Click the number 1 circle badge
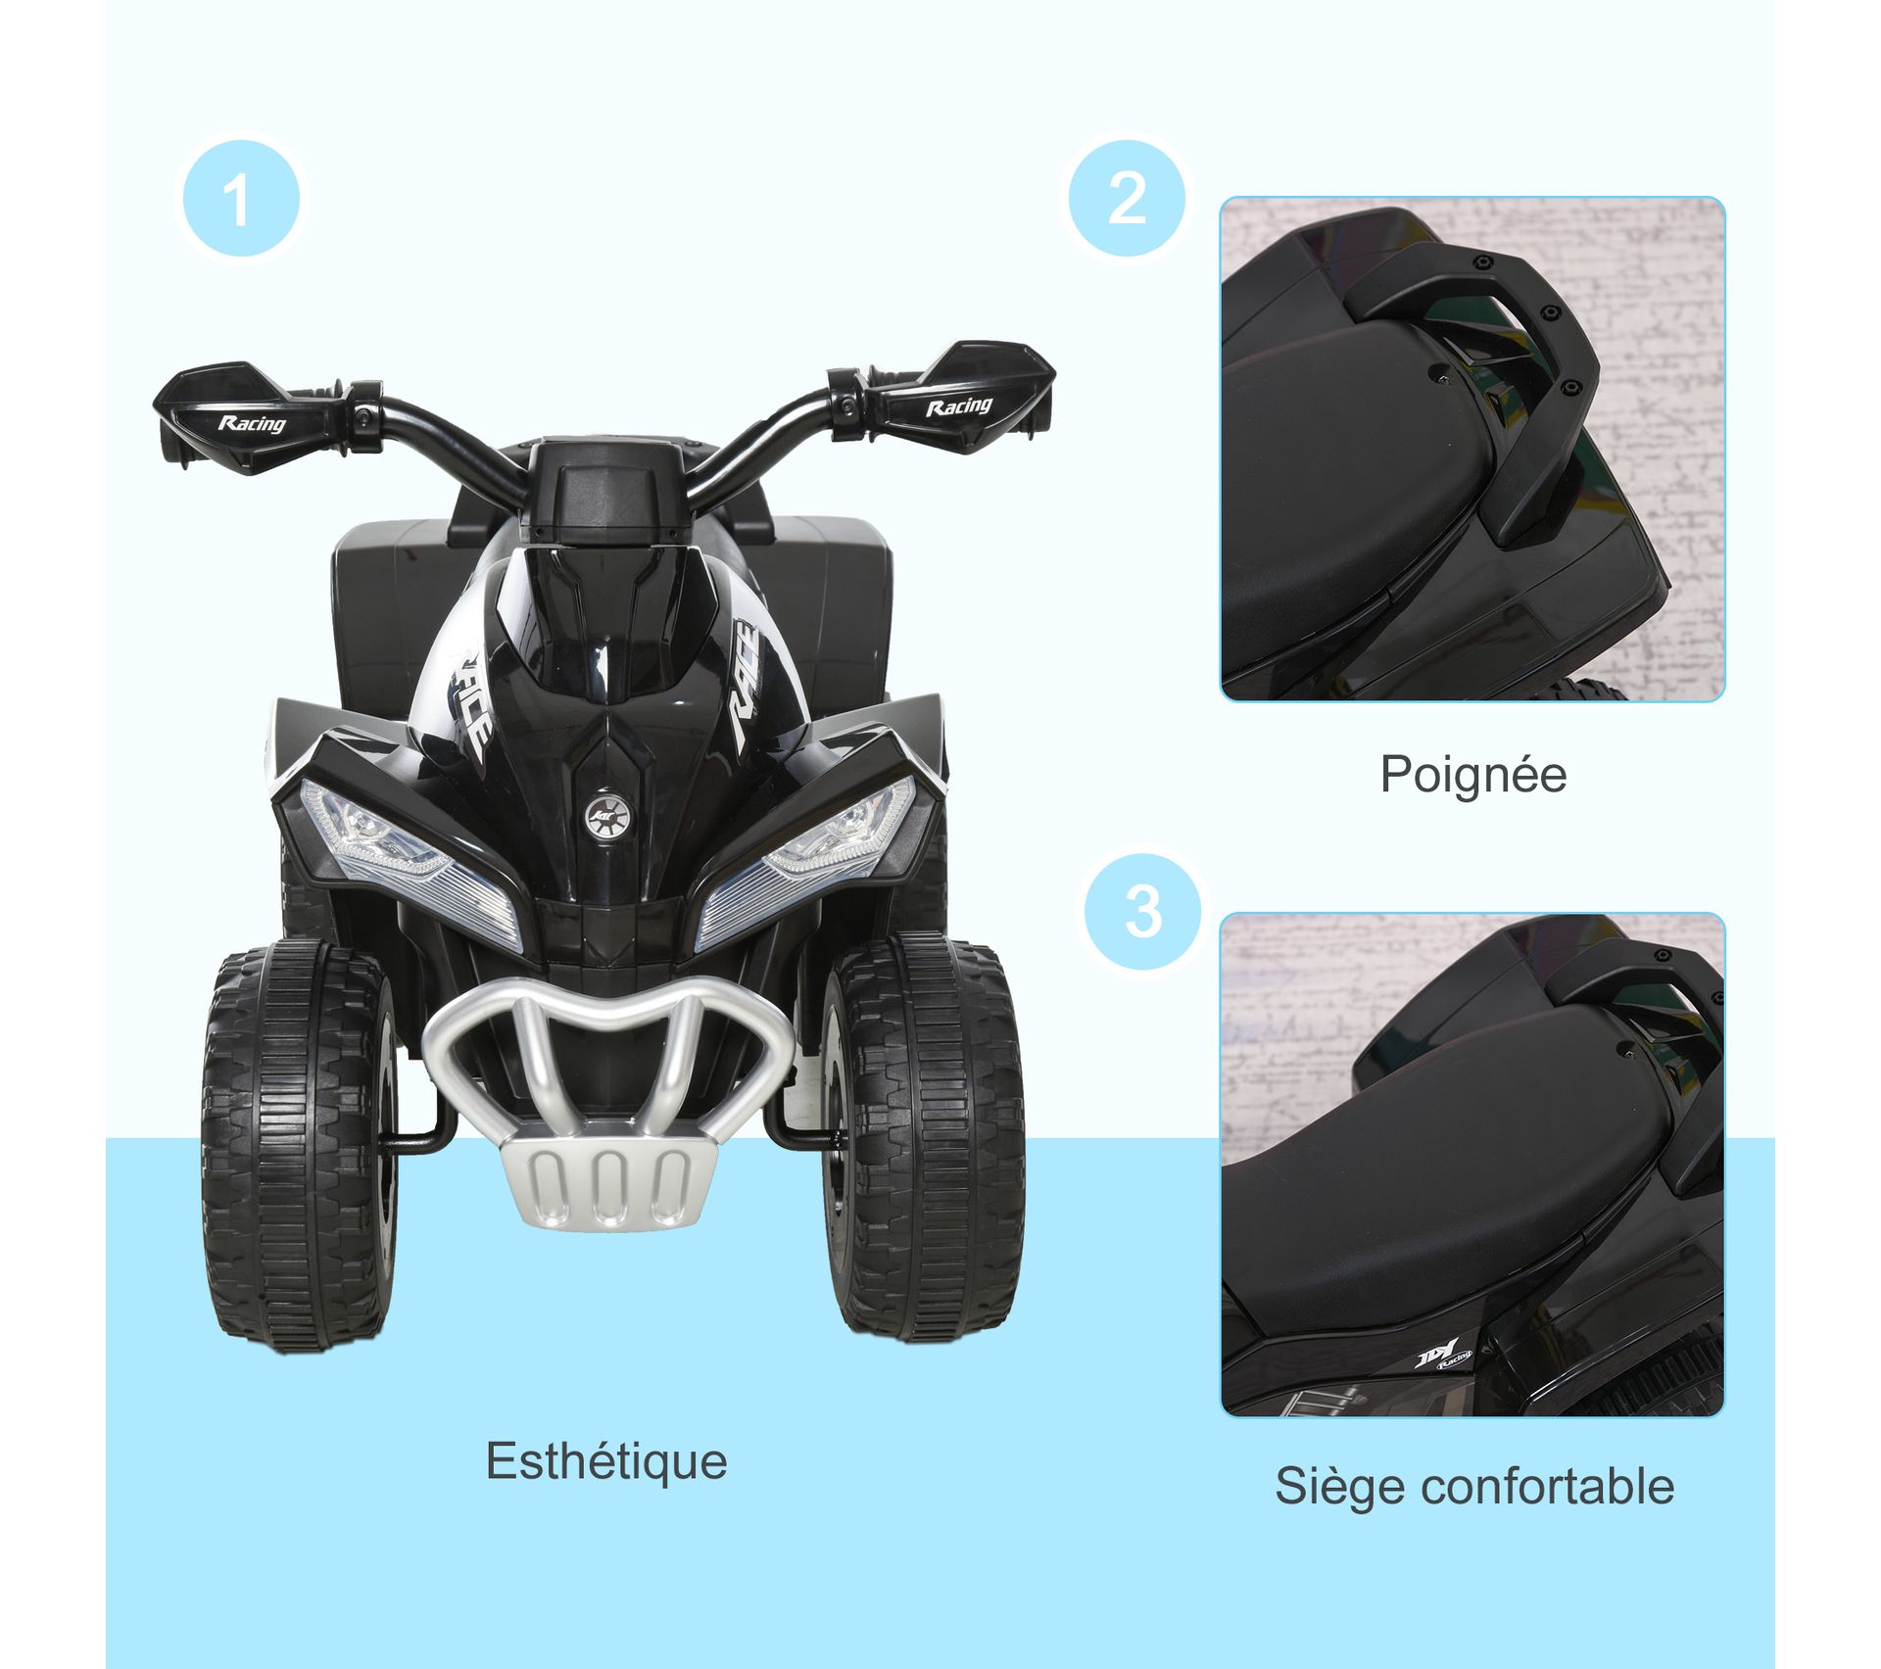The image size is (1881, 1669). (x=241, y=199)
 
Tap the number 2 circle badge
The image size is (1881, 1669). (x=1127, y=199)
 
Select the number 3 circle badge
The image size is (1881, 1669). (x=1143, y=912)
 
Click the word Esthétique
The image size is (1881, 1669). (x=606, y=1461)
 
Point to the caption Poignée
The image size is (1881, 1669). (x=1473, y=775)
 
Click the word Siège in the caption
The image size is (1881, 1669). (x=1339, y=1488)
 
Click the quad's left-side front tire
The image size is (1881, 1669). (x=299, y=1146)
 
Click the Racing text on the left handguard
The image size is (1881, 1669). (x=252, y=424)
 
